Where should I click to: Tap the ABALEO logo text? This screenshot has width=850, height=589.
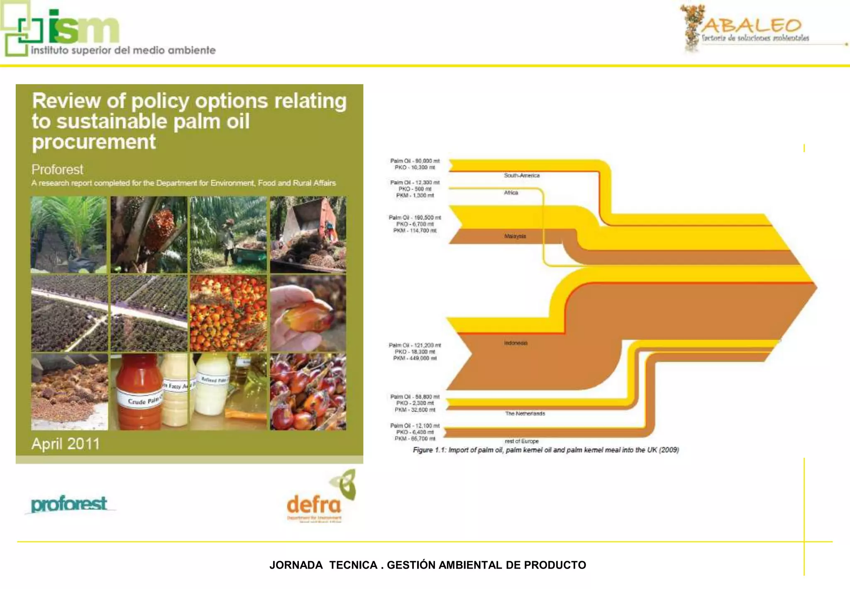pyautogui.click(x=752, y=26)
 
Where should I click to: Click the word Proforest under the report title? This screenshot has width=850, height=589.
pyautogui.click(x=57, y=169)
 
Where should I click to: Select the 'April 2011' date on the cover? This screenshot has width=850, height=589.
pyautogui.click(x=66, y=444)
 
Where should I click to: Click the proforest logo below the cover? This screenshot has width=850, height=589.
pyautogui.click(x=69, y=504)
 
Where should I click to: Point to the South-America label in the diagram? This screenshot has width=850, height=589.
pyautogui.click(x=522, y=175)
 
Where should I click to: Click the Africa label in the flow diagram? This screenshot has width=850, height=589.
pyautogui.click(x=511, y=193)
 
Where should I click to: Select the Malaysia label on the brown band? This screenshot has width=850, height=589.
pyautogui.click(x=515, y=236)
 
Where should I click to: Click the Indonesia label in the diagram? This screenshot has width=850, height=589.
pyautogui.click(x=515, y=343)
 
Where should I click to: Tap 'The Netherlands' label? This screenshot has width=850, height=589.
pyautogui.click(x=525, y=413)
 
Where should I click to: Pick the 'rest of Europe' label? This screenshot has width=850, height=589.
pyautogui.click(x=522, y=441)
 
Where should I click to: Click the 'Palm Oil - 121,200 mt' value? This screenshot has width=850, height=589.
pyautogui.click(x=415, y=345)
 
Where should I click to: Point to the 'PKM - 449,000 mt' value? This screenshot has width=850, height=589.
pyautogui.click(x=415, y=358)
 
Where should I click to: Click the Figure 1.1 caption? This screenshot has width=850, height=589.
pyautogui.click(x=546, y=450)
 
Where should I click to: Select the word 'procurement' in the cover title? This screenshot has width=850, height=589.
pyautogui.click(x=94, y=142)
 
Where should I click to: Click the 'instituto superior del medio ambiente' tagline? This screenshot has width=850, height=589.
pyautogui.click(x=123, y=50)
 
